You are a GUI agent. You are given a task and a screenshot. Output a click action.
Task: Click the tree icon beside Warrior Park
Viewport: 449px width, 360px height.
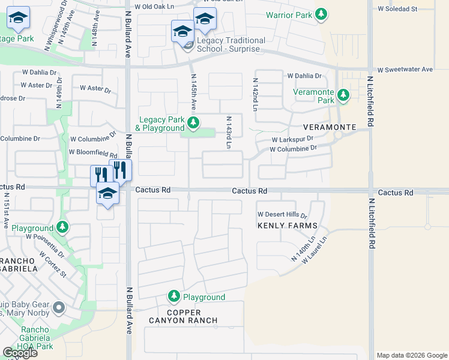322,14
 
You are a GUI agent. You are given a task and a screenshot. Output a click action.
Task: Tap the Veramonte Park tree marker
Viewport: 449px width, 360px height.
343,95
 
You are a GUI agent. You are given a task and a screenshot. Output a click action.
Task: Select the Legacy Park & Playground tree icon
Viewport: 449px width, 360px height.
193,124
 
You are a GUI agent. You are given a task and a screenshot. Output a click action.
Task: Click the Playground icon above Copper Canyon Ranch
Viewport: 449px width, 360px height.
173,296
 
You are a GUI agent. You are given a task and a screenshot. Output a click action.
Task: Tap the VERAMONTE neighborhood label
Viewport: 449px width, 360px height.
330,128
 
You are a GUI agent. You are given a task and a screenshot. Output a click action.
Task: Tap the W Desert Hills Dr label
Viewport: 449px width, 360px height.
282,214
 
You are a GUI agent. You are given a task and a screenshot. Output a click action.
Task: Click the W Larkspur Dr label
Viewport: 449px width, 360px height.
292,139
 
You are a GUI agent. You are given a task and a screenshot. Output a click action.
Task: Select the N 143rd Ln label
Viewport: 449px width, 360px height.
229,133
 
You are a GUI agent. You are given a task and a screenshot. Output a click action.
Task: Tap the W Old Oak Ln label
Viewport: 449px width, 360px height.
155,7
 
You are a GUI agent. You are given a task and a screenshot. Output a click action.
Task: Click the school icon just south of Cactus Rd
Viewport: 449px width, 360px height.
107,194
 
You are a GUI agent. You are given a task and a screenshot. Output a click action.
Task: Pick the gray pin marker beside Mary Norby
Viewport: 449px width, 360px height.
58,308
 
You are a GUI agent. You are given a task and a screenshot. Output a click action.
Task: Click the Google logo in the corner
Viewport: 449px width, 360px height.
20,353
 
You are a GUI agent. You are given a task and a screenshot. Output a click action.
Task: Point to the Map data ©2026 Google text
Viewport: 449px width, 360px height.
412,355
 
